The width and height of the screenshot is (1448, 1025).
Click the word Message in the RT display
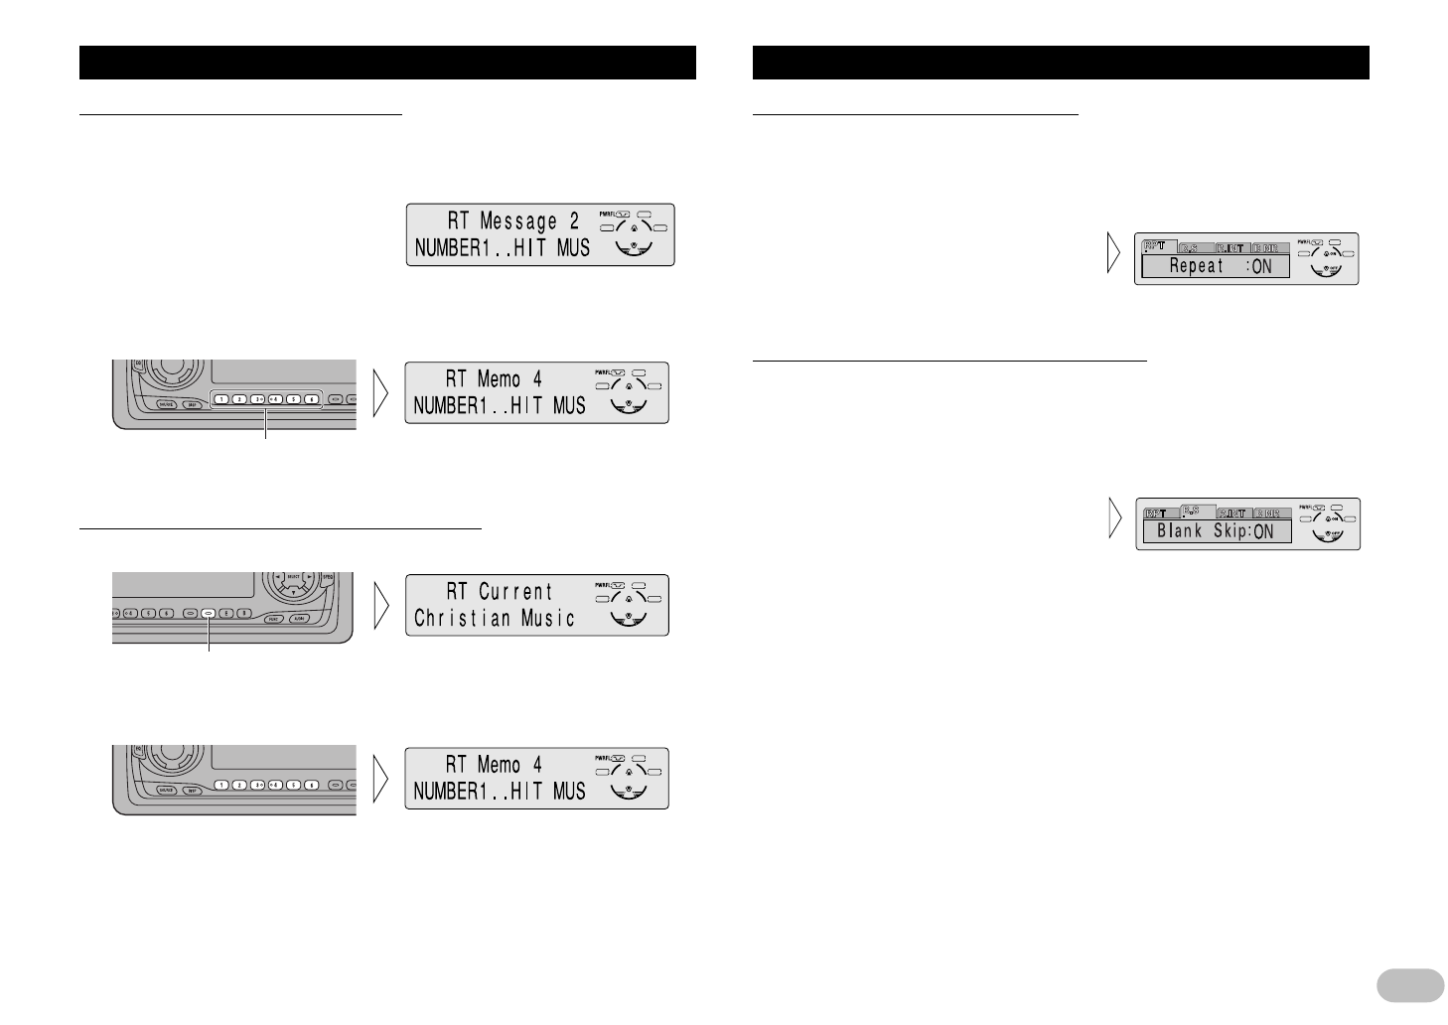tap(518, 221)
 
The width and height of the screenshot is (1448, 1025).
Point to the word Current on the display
tap(515, 592)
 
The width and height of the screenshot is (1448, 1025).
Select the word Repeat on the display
tap(1197, 266)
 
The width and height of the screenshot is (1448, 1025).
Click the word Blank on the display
tap(1180, 531)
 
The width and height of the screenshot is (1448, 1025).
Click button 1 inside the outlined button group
tap(220, 399)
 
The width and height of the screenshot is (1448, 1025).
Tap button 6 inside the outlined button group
tap(311, 399)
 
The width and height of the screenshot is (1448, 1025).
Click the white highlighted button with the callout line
tap(209, 614)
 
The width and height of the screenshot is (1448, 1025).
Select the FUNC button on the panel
tap(274, 619)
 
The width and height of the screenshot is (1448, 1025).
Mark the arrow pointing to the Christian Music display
tap(380, 605)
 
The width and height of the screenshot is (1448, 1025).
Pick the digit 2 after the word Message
tap(573, 221)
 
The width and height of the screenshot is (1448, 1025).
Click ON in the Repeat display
tap(1261, 266)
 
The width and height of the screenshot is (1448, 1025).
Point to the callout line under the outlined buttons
tap(266, 427)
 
